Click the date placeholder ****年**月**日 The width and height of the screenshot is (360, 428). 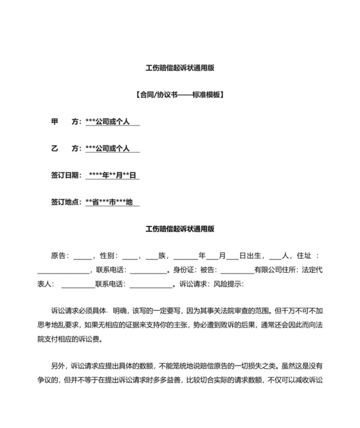113,175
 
